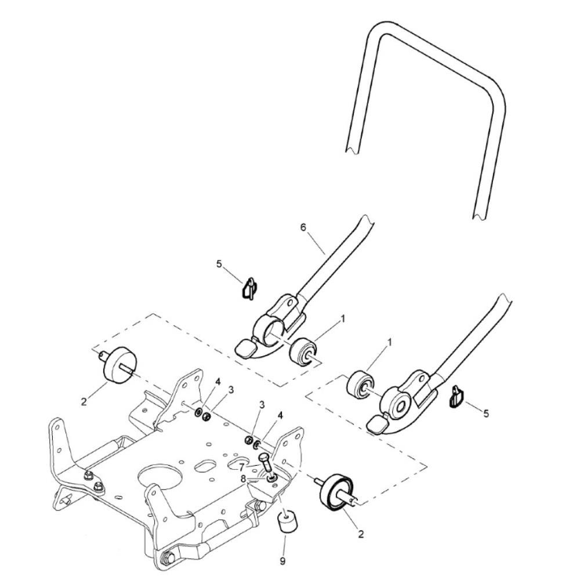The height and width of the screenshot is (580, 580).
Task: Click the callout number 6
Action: click(303, 227)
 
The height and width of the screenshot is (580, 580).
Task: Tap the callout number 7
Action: click(242, 466)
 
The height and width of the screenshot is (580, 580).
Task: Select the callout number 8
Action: click(243, 478)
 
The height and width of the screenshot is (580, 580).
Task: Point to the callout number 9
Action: click(282, 561)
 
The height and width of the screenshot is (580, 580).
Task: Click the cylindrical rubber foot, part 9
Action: click(285, 521)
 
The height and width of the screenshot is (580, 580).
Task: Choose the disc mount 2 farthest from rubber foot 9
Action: click(119, 364)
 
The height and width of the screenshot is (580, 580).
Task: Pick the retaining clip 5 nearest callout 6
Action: click(249, 288)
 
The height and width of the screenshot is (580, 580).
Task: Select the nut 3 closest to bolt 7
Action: click(248, 440)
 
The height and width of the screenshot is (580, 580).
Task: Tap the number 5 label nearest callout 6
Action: click(219, 264)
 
